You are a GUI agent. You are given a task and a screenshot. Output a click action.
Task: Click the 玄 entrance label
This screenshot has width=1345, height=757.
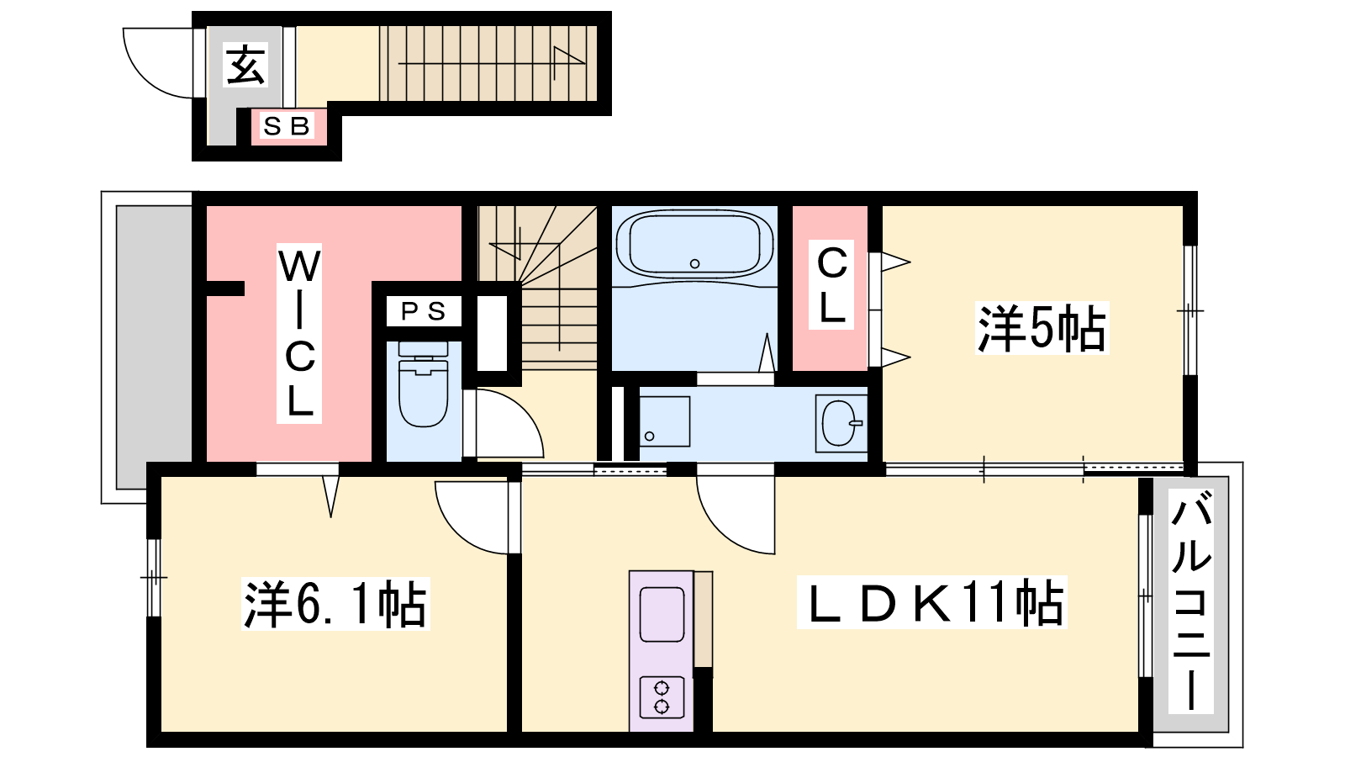point(245,66)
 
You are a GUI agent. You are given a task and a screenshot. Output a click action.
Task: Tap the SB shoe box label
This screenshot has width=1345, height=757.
point(287,126)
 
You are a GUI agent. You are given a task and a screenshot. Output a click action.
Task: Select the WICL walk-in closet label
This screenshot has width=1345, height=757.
point(299,333)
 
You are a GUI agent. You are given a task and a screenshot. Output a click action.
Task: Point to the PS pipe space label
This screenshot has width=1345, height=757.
point(424,311)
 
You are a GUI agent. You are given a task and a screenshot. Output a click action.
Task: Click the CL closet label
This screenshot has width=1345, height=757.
point(831,284)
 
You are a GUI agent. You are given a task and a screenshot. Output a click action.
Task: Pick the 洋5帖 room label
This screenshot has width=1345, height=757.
point(1042,328)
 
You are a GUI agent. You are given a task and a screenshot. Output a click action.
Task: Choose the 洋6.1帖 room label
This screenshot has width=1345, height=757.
point(335,604)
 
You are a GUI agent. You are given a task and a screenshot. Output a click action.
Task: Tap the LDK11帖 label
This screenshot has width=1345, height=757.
point(931,602)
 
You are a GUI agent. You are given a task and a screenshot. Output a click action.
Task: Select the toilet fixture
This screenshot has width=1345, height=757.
point(424,384)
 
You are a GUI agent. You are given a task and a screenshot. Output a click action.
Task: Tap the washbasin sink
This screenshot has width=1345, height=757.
point(840,423)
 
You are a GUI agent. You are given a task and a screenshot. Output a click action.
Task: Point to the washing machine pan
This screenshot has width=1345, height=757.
point(664,421)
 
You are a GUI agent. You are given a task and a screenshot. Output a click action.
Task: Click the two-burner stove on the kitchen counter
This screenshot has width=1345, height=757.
point(662,697)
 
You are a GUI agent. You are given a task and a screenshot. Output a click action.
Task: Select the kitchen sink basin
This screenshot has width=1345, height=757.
point(662,614)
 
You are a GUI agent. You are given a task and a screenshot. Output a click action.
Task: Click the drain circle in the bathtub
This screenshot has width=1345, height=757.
point(694,264)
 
